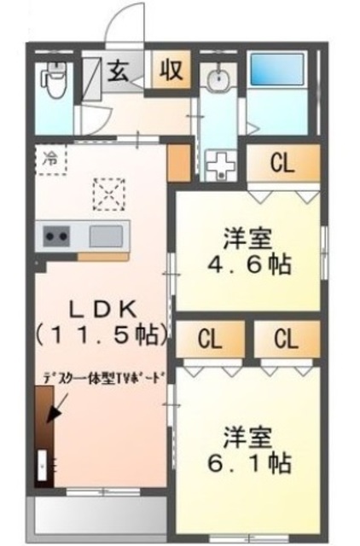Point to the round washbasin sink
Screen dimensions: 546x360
(217, 81)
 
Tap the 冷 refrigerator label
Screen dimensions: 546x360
(49, 158)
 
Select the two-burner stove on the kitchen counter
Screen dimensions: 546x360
(56, 234)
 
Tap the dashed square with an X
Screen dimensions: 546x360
(108, 194)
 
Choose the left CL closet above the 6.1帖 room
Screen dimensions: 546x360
(210, 340)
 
